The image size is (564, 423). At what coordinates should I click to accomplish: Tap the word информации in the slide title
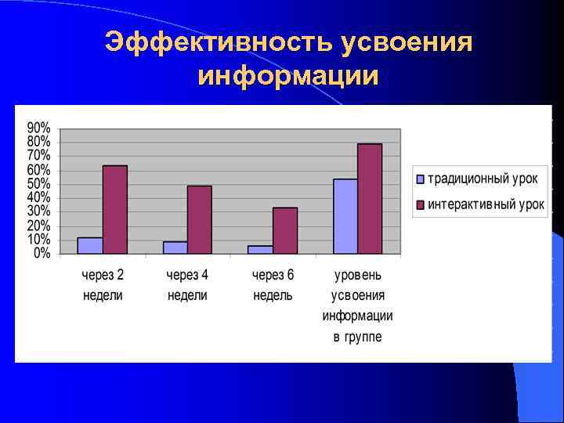(288, 77)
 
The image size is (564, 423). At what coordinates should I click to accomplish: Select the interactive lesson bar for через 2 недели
(115, 209)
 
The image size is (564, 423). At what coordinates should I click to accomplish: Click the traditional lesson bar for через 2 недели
(90, 245)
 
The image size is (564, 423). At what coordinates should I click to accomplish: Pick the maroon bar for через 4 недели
(200, 219)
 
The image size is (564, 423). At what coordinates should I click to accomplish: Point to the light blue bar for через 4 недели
(175, 248)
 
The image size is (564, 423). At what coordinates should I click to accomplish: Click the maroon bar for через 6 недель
(285, 230)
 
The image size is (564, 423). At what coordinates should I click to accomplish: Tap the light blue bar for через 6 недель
(260, 249)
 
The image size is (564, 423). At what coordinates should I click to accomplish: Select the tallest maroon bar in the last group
(370, 198)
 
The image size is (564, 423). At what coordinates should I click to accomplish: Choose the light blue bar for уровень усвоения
(345, 216)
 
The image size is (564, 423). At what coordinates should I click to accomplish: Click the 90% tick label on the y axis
(39, 128)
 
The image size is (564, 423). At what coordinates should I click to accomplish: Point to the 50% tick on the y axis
(39, 184)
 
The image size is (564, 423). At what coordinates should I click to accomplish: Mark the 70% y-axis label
(39, 156)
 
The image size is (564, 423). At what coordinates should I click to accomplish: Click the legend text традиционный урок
(482, 179)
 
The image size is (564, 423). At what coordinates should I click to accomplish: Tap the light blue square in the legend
(420, 179)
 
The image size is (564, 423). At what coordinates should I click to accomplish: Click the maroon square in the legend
(420, 205)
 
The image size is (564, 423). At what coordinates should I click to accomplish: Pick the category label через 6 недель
(273, 285)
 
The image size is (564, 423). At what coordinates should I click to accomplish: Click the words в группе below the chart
(357, 337)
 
